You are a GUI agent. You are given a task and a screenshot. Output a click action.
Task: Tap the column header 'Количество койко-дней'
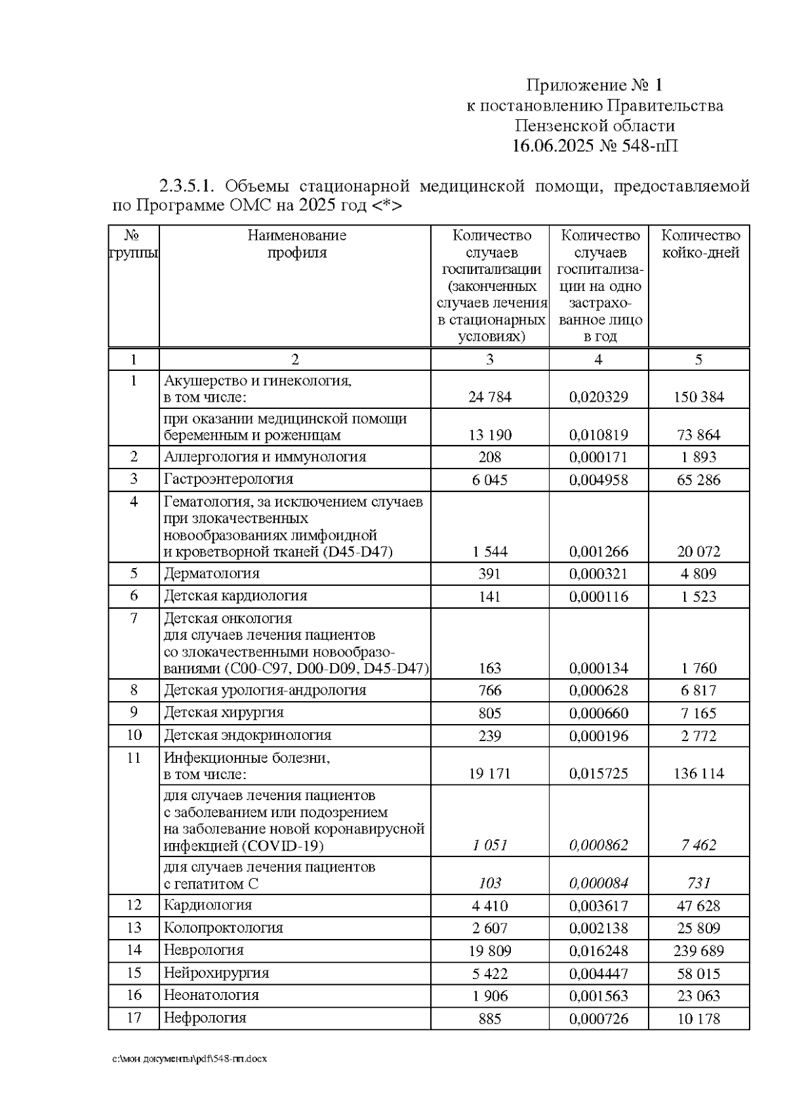[x=700, y=244]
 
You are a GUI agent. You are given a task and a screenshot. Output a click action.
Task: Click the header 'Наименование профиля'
[x=296, y=244]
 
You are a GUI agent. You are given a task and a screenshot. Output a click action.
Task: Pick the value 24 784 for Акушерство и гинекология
[x=489, y=397]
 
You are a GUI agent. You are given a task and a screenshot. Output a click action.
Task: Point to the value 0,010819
[x=598, y=435]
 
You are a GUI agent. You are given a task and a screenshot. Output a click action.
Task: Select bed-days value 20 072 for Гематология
[x=698, y=552]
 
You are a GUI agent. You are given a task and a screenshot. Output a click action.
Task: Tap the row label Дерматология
[x=211, y=573]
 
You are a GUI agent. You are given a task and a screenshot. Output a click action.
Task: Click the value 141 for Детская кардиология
[x=489, y=596]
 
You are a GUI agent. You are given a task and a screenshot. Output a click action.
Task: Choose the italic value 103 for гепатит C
[x=489, y=883]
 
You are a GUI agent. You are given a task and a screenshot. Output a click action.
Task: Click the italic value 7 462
[x=698, y=845]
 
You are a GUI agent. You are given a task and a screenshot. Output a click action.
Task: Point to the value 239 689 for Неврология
[x=698, y=951]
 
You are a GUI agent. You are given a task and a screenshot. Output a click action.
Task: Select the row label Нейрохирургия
[x=216, y=973]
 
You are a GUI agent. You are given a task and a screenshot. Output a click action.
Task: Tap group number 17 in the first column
[x=134, y=1018]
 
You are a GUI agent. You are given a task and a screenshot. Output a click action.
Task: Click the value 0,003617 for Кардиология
[x=598, y=906]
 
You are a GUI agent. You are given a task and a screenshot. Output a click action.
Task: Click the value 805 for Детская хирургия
[x=489, y=713]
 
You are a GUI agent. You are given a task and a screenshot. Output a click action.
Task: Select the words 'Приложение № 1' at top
[x=594, y=85]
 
